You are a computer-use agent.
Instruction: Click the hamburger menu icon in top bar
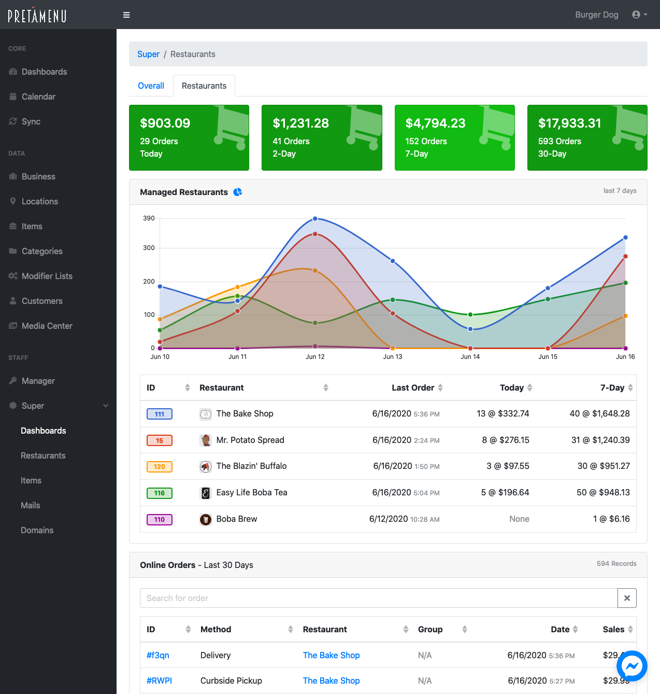coord(126,15)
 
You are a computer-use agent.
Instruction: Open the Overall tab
coord(151,86)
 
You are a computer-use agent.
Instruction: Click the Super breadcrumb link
coord(148,54)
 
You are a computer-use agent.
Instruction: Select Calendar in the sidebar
coord(38,96)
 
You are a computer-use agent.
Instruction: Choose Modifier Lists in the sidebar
coord(47,276)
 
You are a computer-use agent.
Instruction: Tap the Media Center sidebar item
coord(47,326)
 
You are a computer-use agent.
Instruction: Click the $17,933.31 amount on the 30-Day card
coord(569,123)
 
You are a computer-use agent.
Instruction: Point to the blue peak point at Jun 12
coord(315,219)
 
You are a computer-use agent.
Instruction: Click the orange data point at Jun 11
coord(238,287)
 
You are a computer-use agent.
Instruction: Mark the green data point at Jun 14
coord(470,315)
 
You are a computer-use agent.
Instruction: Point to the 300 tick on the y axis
coord(149,248)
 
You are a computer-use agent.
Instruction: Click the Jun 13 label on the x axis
coord(393,357)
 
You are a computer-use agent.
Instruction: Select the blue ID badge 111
coord(160,414)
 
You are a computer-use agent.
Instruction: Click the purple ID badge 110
coord(160,519)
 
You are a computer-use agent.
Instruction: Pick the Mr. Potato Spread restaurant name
coord(250,440)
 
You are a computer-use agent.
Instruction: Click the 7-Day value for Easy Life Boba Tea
coord(603,492)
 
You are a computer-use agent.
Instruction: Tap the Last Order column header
coord(413,387)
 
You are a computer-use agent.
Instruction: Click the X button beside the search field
coord(627,598)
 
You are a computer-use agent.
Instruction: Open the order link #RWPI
coord(159,681)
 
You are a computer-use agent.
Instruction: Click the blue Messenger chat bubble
coord(632,666)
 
